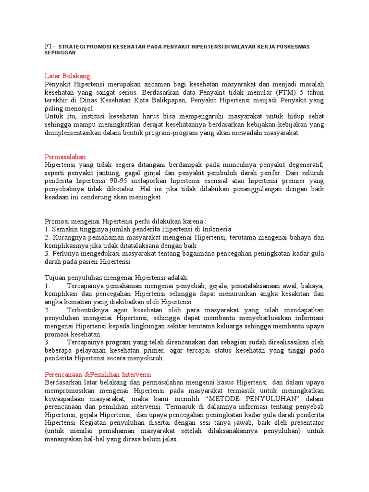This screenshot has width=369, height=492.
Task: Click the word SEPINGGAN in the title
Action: click(x=60, y=53)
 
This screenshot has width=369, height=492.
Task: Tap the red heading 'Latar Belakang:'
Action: click(x=68, y=76)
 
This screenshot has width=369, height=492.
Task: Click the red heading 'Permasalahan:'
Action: click(x=66, y=157)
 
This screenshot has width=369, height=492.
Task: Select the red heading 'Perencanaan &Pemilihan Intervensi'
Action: click(x=98, y=374)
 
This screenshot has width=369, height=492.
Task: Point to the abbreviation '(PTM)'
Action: click(x=284, y=92)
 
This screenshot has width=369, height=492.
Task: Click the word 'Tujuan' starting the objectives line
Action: click(x=55, y=278)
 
